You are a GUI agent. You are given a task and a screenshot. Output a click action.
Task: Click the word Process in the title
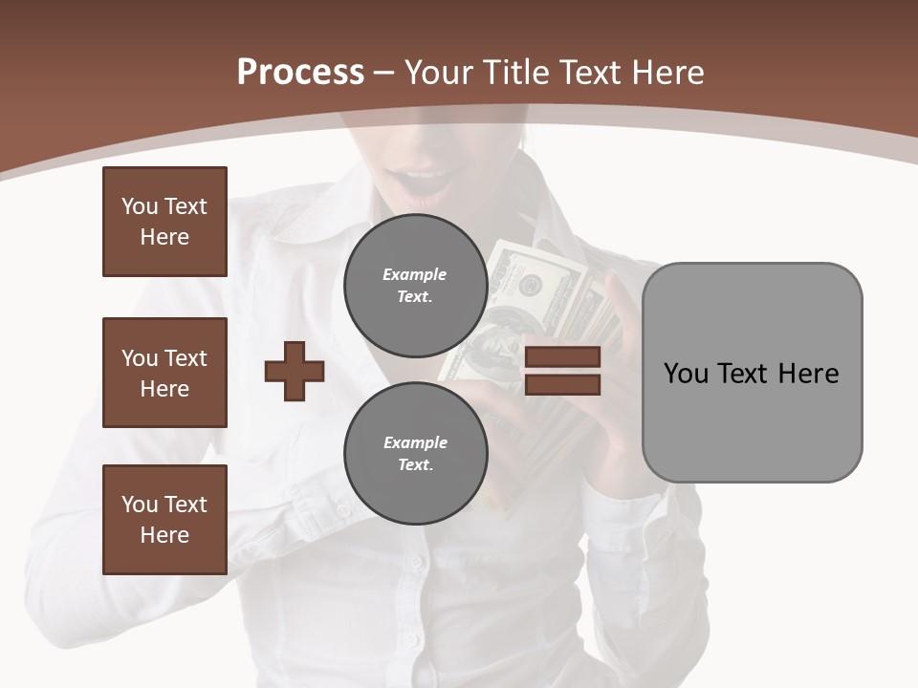(300, 73)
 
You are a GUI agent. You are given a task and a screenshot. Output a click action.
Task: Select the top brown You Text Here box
(164, 222)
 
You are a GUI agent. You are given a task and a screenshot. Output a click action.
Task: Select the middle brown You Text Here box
(164, 373)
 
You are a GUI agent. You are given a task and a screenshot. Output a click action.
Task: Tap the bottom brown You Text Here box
(164, 520)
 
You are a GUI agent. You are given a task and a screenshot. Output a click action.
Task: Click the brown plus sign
(295, 371)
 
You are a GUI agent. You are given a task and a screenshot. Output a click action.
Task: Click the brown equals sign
(562, 371)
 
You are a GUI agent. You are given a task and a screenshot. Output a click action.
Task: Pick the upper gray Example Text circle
(415, 286)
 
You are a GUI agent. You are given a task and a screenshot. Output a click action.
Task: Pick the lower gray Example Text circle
(415, 453)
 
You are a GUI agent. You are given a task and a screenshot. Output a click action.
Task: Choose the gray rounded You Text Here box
(752, 373)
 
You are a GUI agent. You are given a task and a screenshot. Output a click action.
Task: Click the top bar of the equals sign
(562, 357)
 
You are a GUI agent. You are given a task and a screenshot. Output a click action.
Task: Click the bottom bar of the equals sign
(562, 384)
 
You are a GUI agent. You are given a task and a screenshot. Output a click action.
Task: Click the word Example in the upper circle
(415, 274)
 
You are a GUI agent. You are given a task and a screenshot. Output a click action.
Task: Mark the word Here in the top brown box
(164, 237)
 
